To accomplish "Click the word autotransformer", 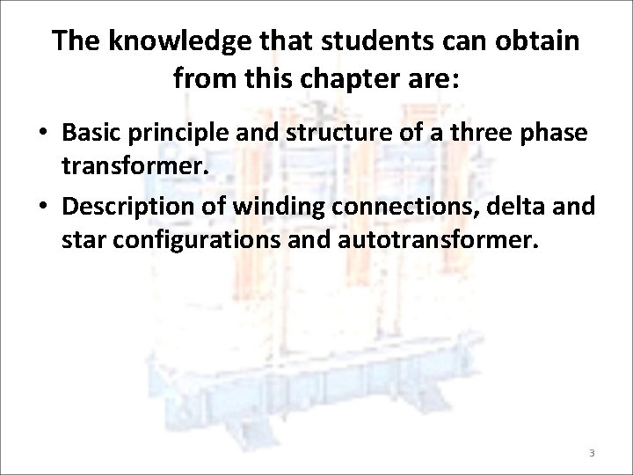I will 435,241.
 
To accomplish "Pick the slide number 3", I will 592,453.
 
